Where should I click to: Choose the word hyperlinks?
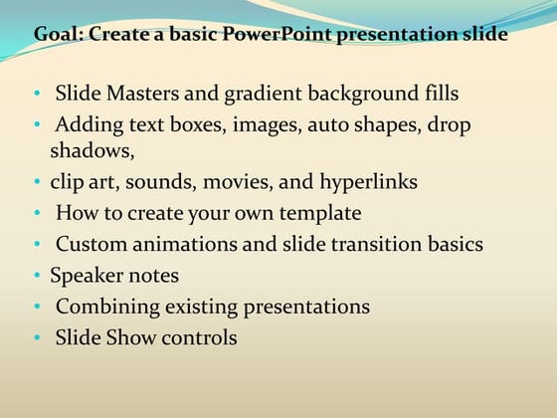[368, 182]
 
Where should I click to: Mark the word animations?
[183, 244]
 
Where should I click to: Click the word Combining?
[102, 307]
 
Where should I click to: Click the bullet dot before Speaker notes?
[38, 276]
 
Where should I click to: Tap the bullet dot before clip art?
[38, 183]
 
